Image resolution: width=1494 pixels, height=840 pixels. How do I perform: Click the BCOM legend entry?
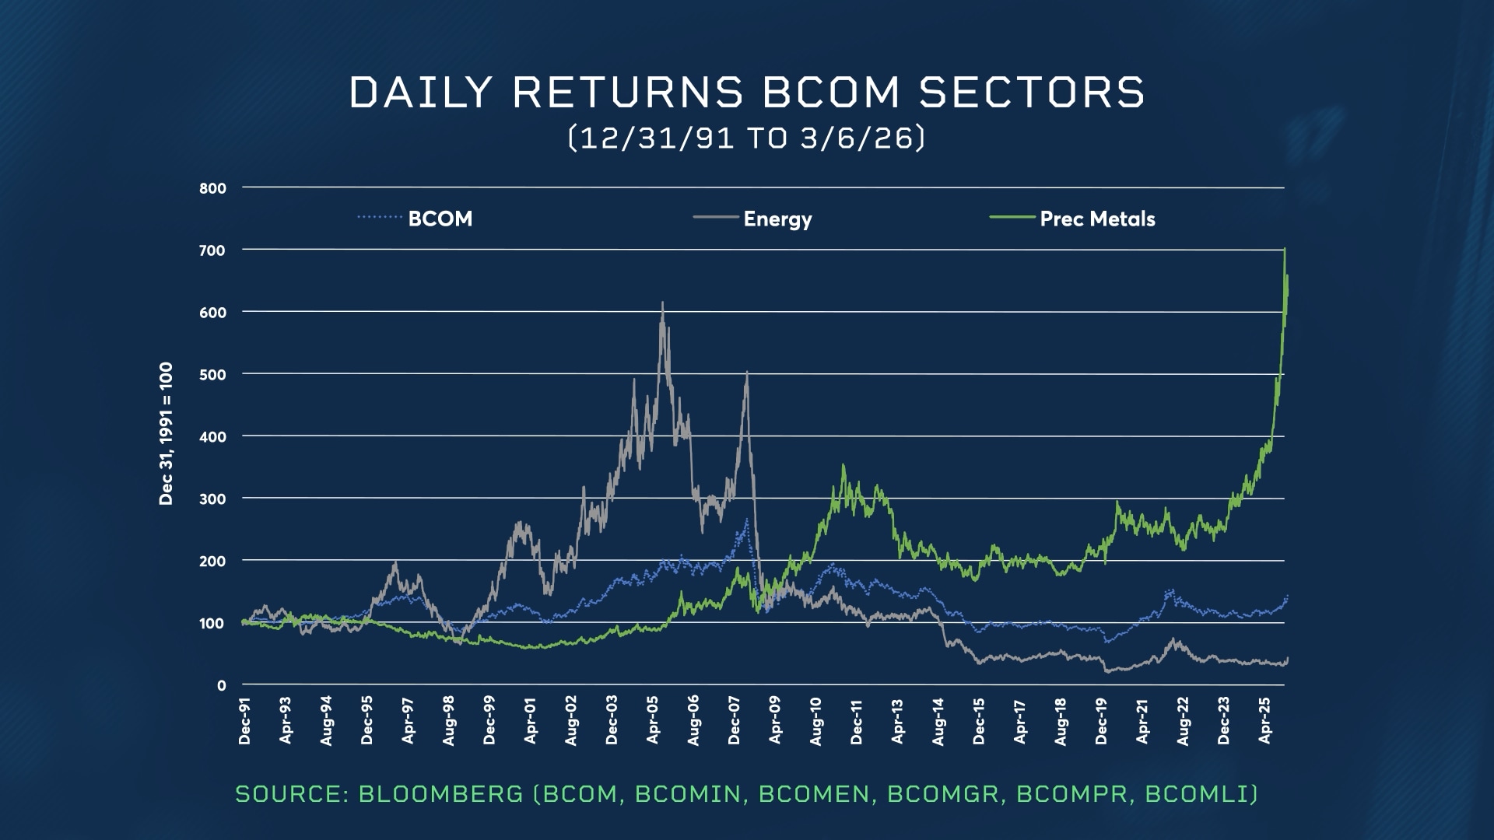pos(440,219)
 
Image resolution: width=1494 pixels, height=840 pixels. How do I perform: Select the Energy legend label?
pos(777,219)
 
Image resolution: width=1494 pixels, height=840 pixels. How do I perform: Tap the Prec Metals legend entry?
pos(1097,219)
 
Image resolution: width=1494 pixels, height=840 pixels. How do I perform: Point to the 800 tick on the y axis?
pos(212,188)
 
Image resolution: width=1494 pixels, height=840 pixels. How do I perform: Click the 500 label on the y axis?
pos(212,375)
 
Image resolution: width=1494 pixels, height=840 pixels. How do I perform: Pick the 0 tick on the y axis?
pos(222,686)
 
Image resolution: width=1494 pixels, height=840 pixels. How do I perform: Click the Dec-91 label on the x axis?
pos(245,721)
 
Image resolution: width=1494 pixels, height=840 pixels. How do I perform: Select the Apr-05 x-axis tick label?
pos(653,720)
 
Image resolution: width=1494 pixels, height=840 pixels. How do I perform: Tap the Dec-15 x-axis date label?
pos(979,721)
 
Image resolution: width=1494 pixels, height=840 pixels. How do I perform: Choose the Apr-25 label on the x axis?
pos(1264,720)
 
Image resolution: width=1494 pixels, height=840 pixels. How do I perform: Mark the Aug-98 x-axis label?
pos(449,721)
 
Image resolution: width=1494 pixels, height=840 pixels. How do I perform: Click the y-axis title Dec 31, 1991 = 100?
pos(166,433)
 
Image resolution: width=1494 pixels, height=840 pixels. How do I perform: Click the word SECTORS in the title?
pos(1031,93)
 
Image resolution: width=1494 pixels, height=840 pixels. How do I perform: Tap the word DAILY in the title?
pos(420,93)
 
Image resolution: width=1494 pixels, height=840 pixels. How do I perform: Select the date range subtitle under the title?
pos(746,138)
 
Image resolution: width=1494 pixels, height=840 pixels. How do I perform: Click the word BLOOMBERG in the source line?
pos(440,794)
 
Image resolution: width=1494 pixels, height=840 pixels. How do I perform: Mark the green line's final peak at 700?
pos(1284,250)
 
